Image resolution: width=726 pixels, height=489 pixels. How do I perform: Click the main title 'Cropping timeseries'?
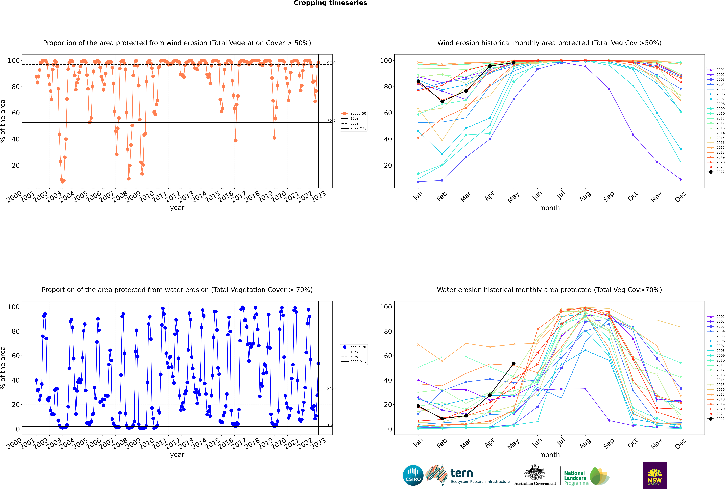(x=330, y=3)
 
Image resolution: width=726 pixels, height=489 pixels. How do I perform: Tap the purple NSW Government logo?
(x=655, y=475)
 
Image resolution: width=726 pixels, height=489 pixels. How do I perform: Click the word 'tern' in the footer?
(x=462, y=473)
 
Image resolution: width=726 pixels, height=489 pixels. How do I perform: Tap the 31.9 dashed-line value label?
(x=331, y=389)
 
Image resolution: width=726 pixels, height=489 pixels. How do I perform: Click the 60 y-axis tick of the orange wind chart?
(x=16, y=113)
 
